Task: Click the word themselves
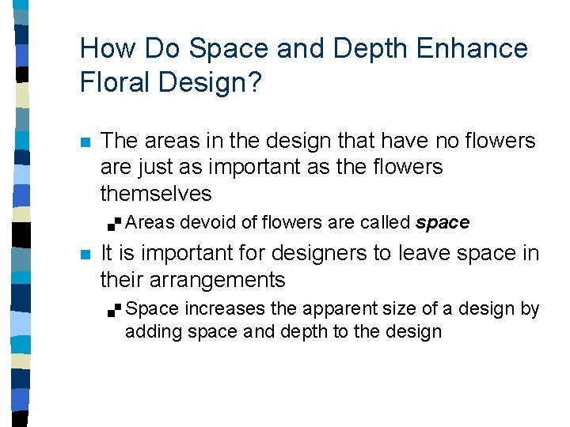coord(156,194)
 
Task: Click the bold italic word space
coord(443,223)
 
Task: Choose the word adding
coord(154,331)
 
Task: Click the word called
coord(386,223)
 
